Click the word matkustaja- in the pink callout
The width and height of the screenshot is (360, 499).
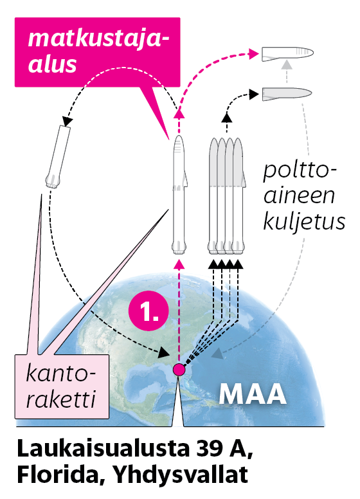pyautogui.click(x=98, y=39)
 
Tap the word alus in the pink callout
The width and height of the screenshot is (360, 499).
pyautogui.click(x=53, y=64)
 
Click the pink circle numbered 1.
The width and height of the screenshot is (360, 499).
pyautogui.click(x=148, y=311)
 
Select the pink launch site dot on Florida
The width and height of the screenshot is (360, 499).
pyautogui.click(x=179, y=370)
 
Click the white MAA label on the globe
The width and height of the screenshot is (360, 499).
pyautogui.click(x=253, y=394)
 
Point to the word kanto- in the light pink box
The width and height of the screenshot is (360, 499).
pyautogui.click(x=60, y=373)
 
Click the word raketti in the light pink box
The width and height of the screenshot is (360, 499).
pyautogui.click(x=60, y=398)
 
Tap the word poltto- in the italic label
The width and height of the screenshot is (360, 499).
pyautogui.click(x=300, y=170)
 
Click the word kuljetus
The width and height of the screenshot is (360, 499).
pyautogui.click(x=304, y=221)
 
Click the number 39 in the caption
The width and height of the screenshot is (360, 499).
pyautogui.click(x=208, y=449)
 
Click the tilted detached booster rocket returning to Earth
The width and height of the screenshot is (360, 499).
pyautogui.click(x=58, y=156)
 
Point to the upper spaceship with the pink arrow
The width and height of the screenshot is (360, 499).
pyautogui.click(x=287, y=53)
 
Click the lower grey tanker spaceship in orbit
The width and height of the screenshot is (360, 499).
pyautogui.click(x=287, y=94)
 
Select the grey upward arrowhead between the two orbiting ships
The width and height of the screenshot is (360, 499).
pyautogui.click(x=287, y=64)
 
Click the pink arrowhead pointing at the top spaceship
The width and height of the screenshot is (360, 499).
pyautogui.click(x=253, y=53)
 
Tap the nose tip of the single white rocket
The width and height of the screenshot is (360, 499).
pyautogui.click(x=179, y=136)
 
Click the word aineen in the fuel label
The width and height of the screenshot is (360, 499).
pyautogui.click(x=299, y=195)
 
